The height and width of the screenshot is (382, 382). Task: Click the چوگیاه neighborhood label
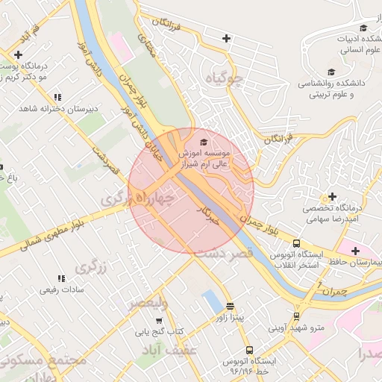(228, 78)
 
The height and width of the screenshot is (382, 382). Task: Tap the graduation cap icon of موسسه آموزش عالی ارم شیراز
(204, 141)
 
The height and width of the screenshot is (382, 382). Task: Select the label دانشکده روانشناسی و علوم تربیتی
(334, 89)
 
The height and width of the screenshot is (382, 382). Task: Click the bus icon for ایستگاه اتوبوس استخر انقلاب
(297, 243)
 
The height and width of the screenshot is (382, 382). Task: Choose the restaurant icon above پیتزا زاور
(230, 306)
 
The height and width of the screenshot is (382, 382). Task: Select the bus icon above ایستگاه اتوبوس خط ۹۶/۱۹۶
(249, 349)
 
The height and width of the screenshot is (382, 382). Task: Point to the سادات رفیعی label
(57, 289)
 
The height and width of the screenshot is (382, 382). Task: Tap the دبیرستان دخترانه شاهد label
(56, 109)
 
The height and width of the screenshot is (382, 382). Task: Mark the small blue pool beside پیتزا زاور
(211, 301)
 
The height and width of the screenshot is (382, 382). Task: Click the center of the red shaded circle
(191, 191)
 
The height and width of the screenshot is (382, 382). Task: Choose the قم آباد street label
(28, 34)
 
